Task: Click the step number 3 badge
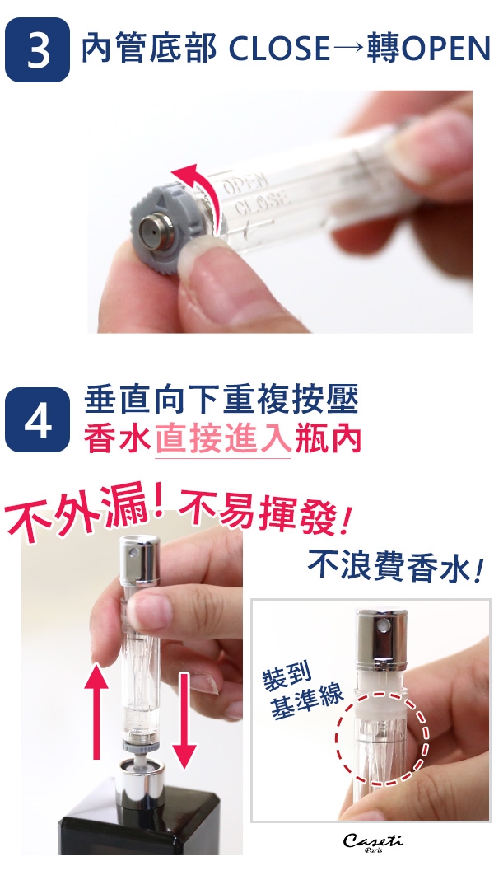tap(38, 49)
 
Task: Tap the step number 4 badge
tap(38, 419)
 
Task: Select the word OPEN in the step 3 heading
tap(446, 49)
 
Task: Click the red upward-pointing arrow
tap(96, 711)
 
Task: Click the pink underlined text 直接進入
tap(222, 439)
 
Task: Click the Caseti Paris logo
tap(372, 842)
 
